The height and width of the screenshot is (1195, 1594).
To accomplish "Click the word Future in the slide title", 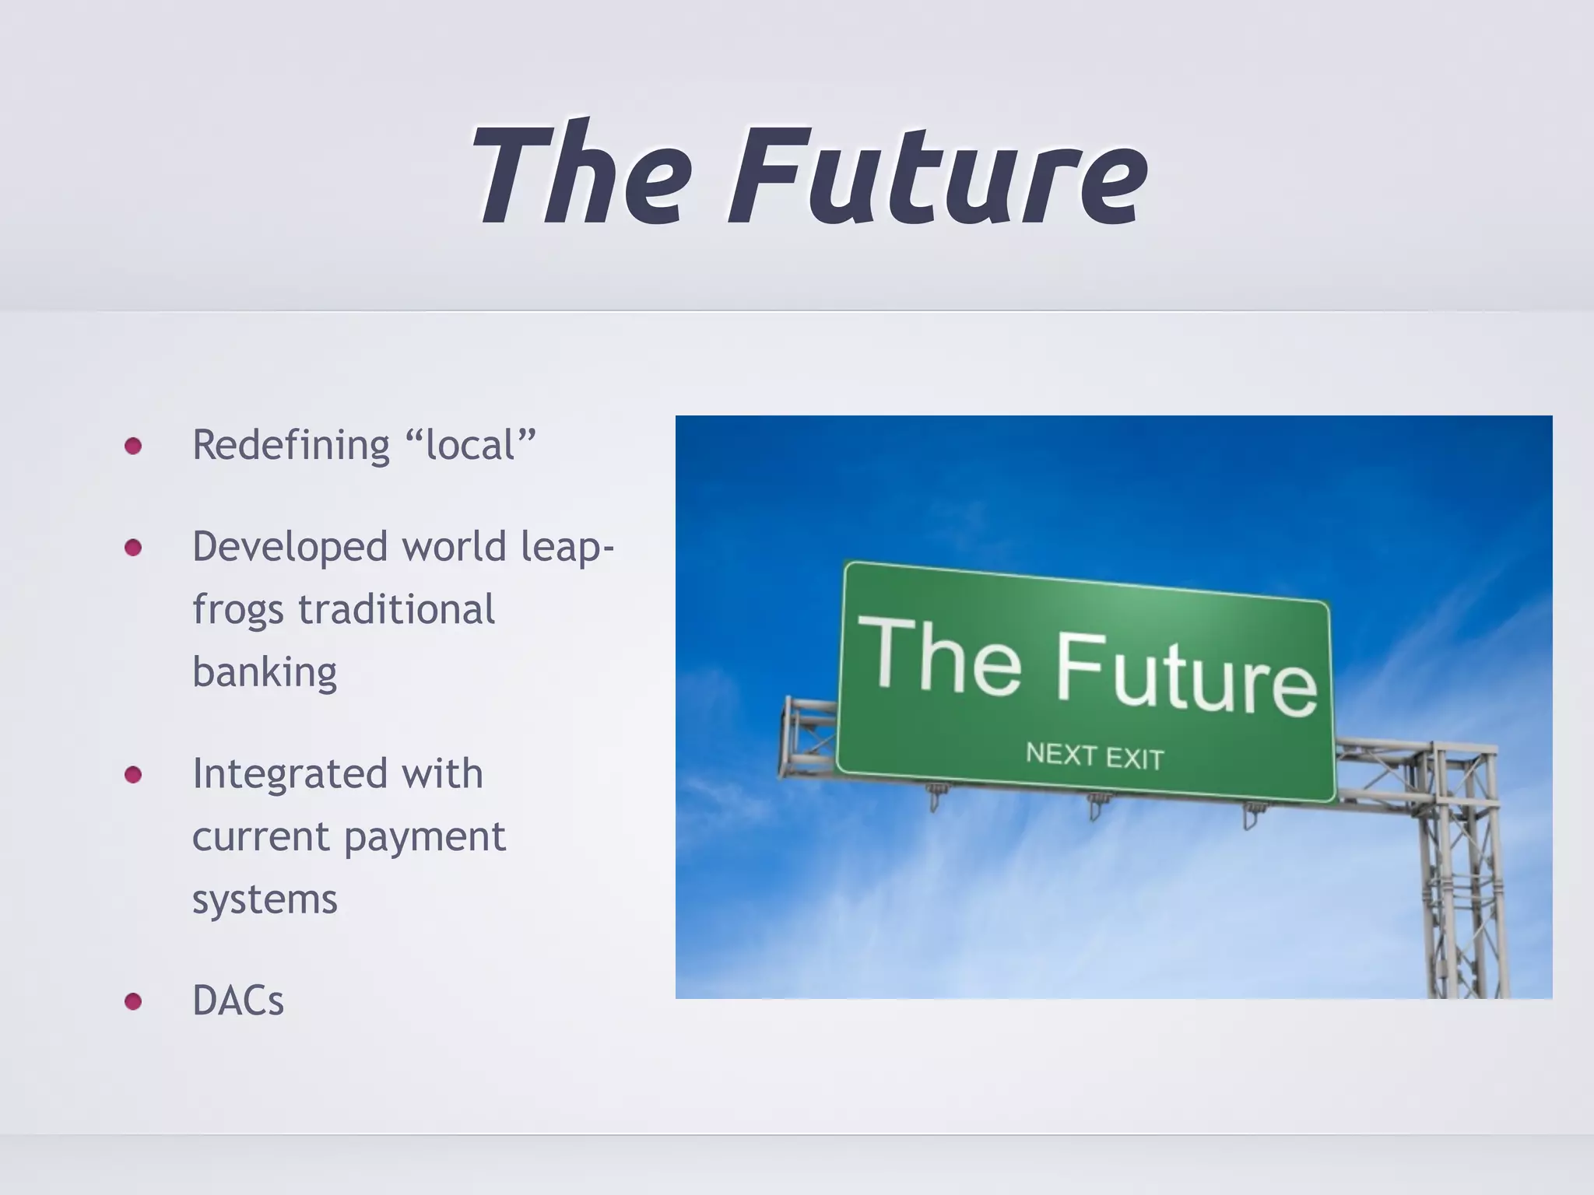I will point(938,175).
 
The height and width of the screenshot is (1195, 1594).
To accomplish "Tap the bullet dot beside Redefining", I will point(133,446).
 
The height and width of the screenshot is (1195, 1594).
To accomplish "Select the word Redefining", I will point(291,446).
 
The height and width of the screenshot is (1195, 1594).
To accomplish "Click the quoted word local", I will point(471,446).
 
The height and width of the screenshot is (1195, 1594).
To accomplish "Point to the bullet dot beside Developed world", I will point(133,548).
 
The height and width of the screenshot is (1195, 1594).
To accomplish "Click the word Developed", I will point(290,547).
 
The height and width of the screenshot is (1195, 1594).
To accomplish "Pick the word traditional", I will point(396,609).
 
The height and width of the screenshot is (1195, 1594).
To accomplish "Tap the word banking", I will point(265,673).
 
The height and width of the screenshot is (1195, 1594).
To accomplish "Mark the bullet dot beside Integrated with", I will point(133,775).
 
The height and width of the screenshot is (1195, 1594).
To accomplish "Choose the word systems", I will point(265,901).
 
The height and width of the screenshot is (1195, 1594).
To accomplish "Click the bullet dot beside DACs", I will point(133,1001).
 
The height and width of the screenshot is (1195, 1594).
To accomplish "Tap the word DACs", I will point(238,1001).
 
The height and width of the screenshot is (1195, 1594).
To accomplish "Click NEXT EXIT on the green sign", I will point(1094,755).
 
